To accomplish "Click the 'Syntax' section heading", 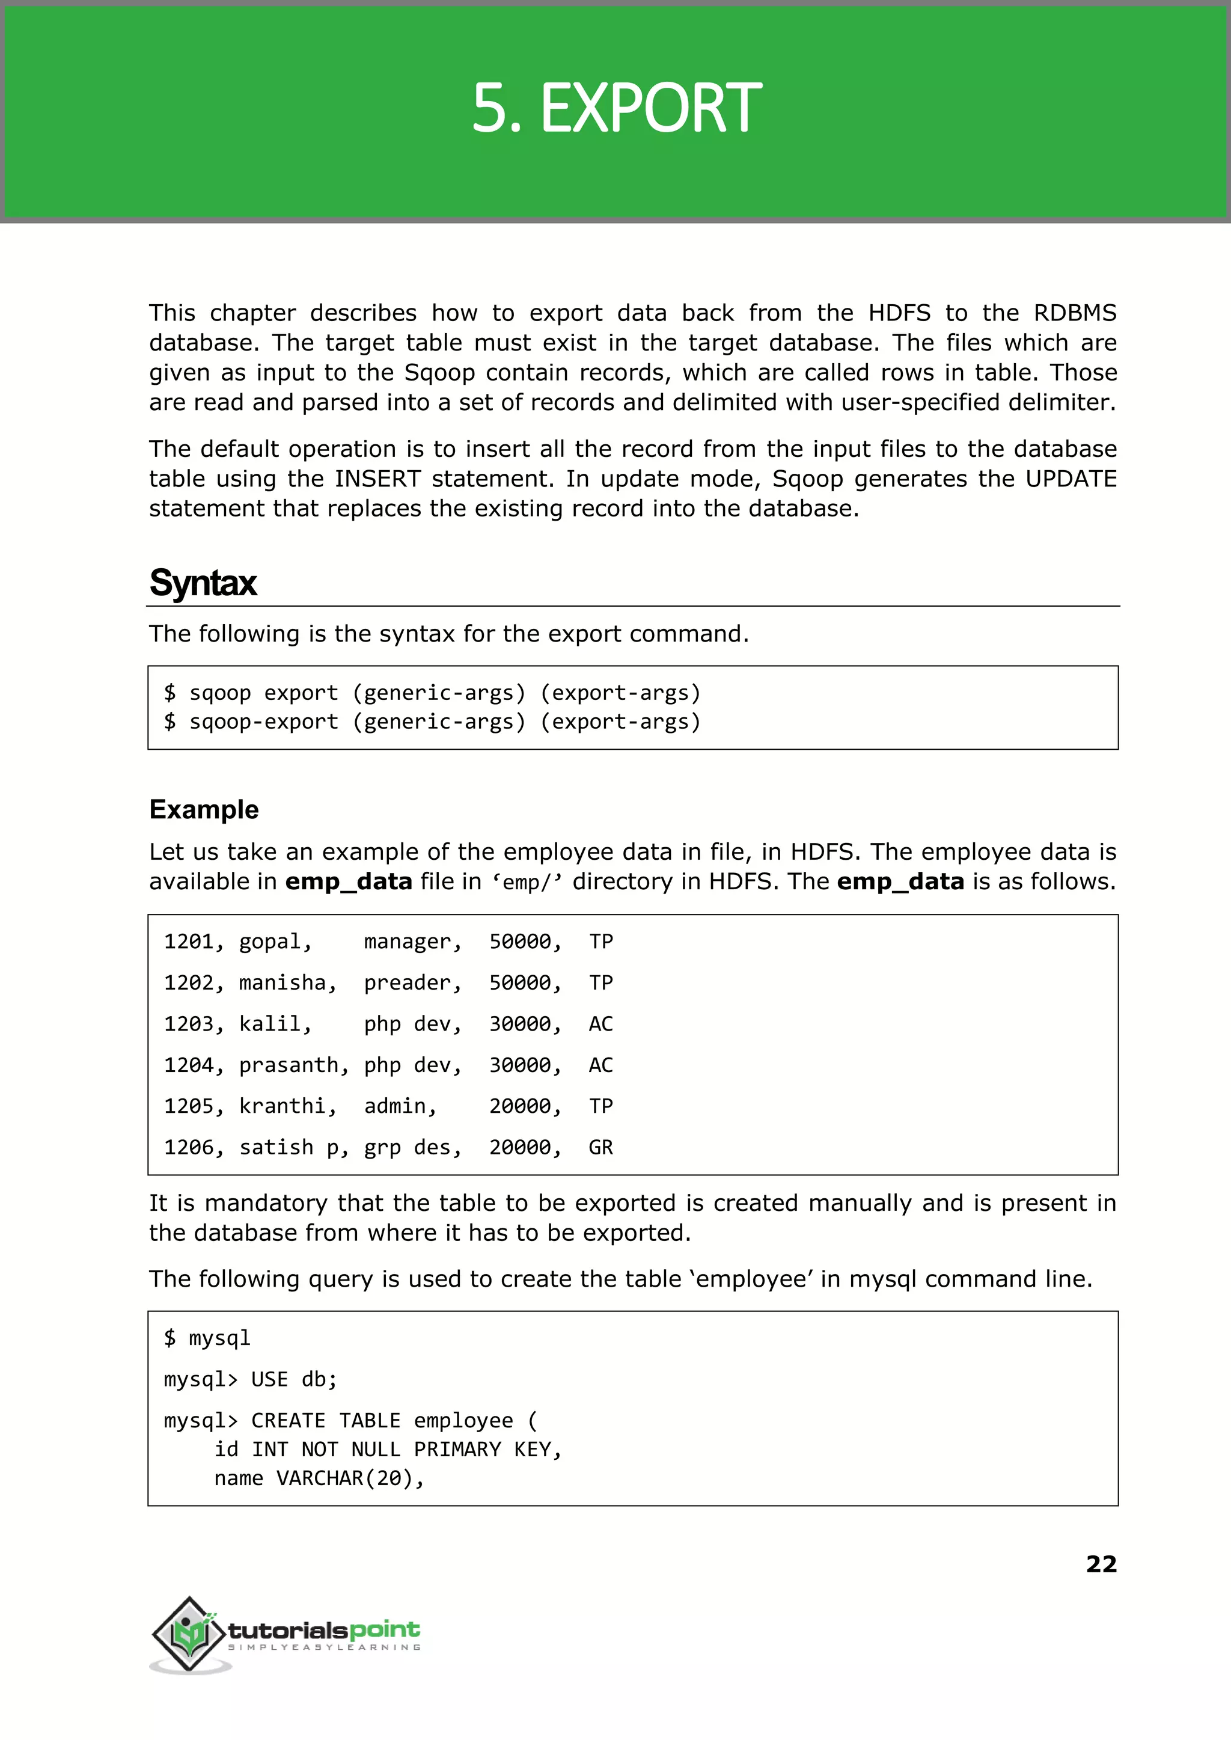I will tap(203, 583).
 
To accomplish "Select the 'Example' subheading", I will tap(204, 810).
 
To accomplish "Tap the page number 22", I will tap(1101, 1564).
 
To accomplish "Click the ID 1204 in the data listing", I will tap(189, 1065).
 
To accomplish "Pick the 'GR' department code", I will tap(600, 1147).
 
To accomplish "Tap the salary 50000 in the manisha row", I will tap(520, 982).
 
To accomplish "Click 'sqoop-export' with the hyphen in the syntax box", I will tap(263, 721).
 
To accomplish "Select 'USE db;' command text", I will tap(294, 1379).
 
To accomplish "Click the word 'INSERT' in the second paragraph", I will tap(377, 479).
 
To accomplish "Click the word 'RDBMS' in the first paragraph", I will tap(1074, 313).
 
